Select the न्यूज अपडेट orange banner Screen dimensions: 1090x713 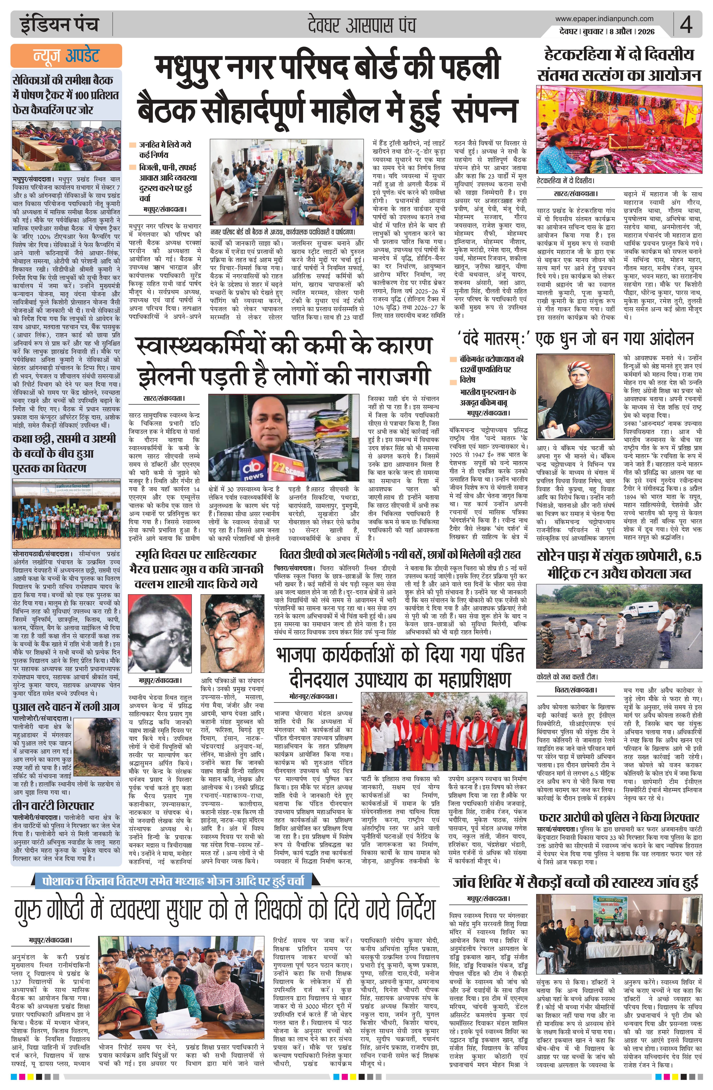point(66,55)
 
